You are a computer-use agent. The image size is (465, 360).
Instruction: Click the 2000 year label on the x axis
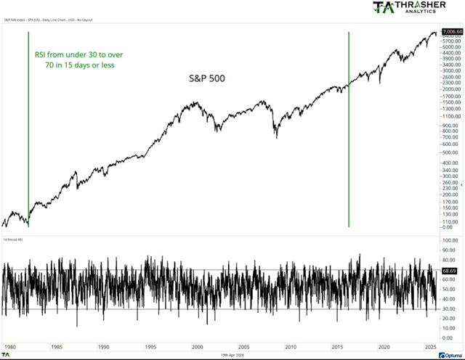(197, 347)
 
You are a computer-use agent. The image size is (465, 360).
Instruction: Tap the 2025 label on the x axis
(431, 347)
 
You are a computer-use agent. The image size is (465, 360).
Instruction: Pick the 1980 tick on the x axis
(9, 347)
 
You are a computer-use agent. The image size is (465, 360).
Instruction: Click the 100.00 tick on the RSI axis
(449, 240)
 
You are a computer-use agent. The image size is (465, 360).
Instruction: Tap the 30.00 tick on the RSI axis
(448, 308)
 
